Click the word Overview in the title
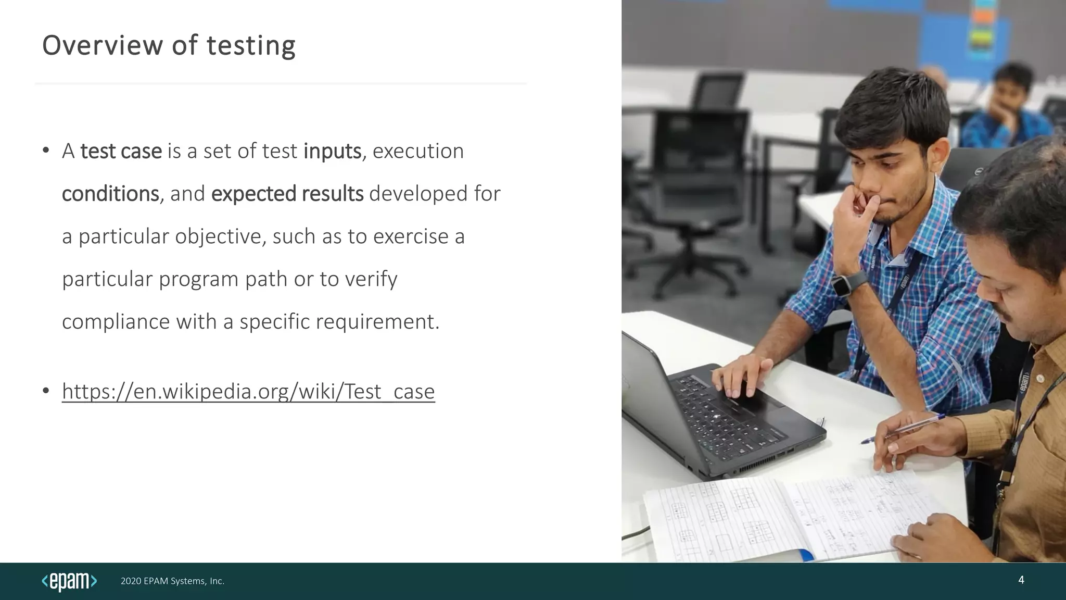tap(102, 45)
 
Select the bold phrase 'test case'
tap(121, 152)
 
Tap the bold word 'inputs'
tap(332, 152)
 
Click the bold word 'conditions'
tap(110, 194)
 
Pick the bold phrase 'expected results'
tap(287, 194)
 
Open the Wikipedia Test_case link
tap(248, 392)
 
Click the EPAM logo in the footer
tap(69, 581)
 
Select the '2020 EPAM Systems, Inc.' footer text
tap(172, 581)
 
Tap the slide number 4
tap(1021, 580)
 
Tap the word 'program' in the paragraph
tap(198, 280)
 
